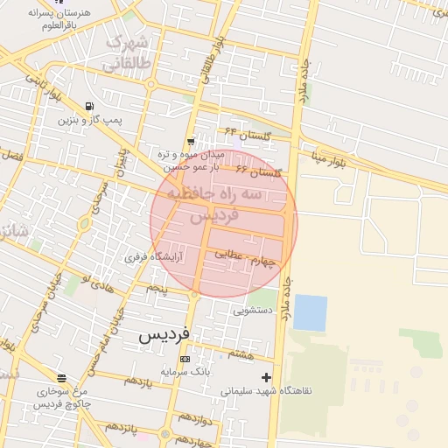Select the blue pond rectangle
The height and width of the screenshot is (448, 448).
310,312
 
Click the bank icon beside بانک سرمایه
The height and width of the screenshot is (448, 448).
184,359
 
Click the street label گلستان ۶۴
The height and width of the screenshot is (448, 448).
243,134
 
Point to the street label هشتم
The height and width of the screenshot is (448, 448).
240,353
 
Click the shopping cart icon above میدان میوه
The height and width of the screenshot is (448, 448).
191,141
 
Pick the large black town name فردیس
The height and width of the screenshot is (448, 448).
165,335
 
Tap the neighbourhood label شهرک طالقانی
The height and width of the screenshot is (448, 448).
128,52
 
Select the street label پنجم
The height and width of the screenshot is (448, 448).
157,287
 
